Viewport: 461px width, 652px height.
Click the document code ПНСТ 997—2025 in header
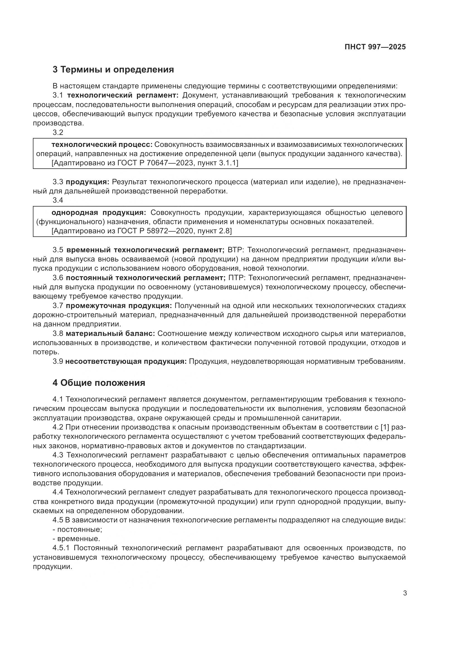pyautogui.click(x=375, y=47)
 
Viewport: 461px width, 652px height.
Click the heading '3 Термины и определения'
pyautogui.click(x=113, y=69)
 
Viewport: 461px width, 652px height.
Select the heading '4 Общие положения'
pyautogui.click(x=98, y=383)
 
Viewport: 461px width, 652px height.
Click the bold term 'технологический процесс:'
pyautogui.click(x=102, y=145)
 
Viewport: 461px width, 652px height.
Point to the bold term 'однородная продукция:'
pyautogui.click(x=98, y=212)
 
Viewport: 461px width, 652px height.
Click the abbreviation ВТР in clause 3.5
pyautogui.click(x=236, y=250)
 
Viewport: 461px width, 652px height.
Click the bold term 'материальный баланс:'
pyautogui.click(x=110, y=333)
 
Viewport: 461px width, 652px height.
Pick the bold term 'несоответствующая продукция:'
pyautogui.click(x=126, y=361)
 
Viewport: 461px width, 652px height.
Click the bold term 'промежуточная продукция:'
pyautogui.click(x=119, y=306)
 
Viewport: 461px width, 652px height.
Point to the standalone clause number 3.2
pyautogui.click(x=58, y=132)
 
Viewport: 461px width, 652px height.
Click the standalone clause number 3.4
pyautogui.click(x=58, y=200)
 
